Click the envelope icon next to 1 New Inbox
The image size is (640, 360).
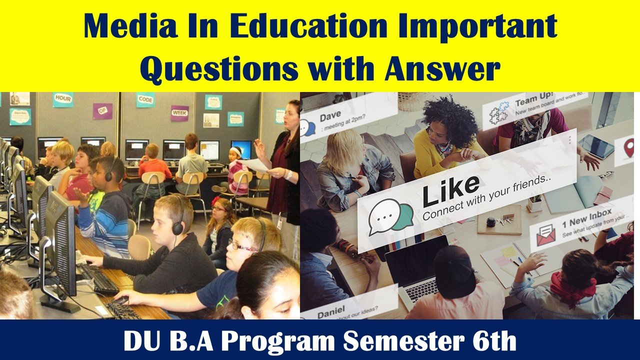545,234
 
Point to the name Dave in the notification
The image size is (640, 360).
330,117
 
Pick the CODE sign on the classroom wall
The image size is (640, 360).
145,99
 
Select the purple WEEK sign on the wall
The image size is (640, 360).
179,113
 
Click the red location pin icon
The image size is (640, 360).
628,148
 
